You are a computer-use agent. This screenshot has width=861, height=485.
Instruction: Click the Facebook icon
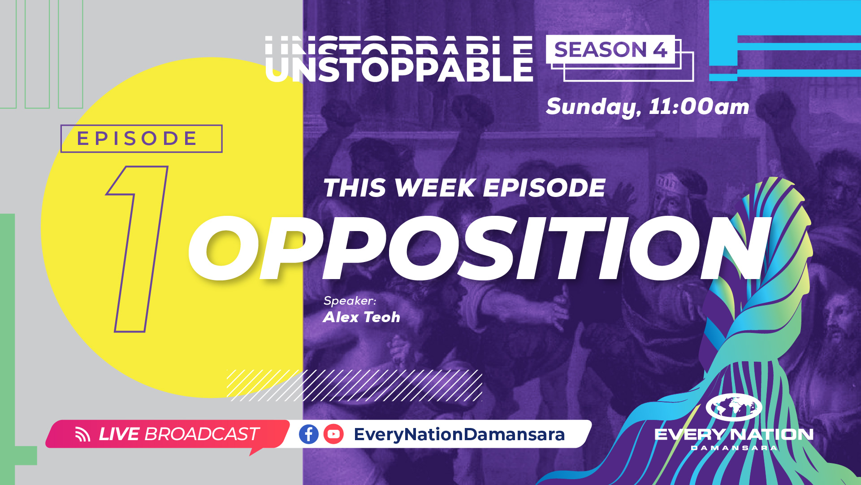308,434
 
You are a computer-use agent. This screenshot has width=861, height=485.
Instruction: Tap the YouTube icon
333,434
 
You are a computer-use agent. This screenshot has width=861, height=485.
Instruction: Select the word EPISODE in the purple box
137,139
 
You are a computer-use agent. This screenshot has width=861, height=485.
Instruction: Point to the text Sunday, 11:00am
647,107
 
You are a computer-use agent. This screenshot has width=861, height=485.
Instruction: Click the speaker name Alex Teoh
361,317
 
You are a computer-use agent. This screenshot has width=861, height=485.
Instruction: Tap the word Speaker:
350,301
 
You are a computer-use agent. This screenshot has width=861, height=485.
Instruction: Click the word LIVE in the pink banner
119,434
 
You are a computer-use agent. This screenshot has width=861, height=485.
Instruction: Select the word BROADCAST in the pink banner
202,434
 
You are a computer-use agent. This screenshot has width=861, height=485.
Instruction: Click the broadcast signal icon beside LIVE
82,434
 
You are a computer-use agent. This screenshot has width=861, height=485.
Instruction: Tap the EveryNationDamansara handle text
459,434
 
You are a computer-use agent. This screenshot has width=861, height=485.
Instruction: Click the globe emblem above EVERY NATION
734,407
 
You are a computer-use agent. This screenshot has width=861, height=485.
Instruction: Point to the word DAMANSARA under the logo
734,448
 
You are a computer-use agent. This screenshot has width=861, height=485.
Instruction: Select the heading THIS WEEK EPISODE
464,188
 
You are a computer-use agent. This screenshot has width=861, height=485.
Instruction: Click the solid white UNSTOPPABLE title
399,70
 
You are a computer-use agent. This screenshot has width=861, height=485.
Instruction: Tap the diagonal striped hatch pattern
354,385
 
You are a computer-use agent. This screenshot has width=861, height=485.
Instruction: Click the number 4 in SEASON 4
660,50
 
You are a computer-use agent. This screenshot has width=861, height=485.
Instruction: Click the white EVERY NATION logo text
734,434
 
